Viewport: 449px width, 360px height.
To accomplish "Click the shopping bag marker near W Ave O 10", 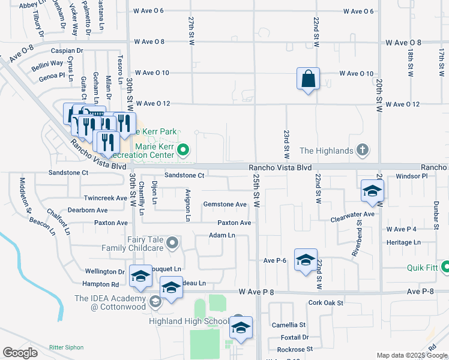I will pyautogui.click(x=308, y=79).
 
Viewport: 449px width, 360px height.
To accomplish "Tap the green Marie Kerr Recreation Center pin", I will pyautogui.click(x=185, y=149).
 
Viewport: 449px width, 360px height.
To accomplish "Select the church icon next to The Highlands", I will pyautogui.click(x=363, y=150).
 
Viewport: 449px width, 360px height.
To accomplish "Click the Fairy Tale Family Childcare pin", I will pyautogui.click(x=173, y=243).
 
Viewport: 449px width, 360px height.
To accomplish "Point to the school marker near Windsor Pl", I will pyautogui.click(x=372, y=191).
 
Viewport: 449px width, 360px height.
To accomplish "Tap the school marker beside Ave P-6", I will pyautogui.click(x=306, y=260).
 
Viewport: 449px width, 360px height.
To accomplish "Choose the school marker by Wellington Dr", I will pyautogui.click(x=140, y=275).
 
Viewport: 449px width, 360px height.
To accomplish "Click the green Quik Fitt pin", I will pyautogui.click(x=446, y=266).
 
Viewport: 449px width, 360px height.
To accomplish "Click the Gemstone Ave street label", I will pyautogui.click(x=224, y=205).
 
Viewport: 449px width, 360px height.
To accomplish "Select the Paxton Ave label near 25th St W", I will pyautogui.click(x=234, y=223).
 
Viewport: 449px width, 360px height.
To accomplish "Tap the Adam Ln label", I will pyautogui.click(x=221, y=235).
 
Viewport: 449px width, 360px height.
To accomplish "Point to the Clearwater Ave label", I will pyautogui.click(x=352, y=214).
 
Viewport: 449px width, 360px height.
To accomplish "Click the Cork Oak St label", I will pyautogui.click(x=326, y=303).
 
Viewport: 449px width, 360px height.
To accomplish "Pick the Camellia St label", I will pyautogui.click(x=289, y=325).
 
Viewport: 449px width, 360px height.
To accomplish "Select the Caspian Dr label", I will pyautogui.click(x=67, y=51).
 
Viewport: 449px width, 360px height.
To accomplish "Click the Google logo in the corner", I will pyautogui.click(x=20, y=353).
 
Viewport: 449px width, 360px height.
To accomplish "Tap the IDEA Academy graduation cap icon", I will pyautogui.click(x=155, y=302).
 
